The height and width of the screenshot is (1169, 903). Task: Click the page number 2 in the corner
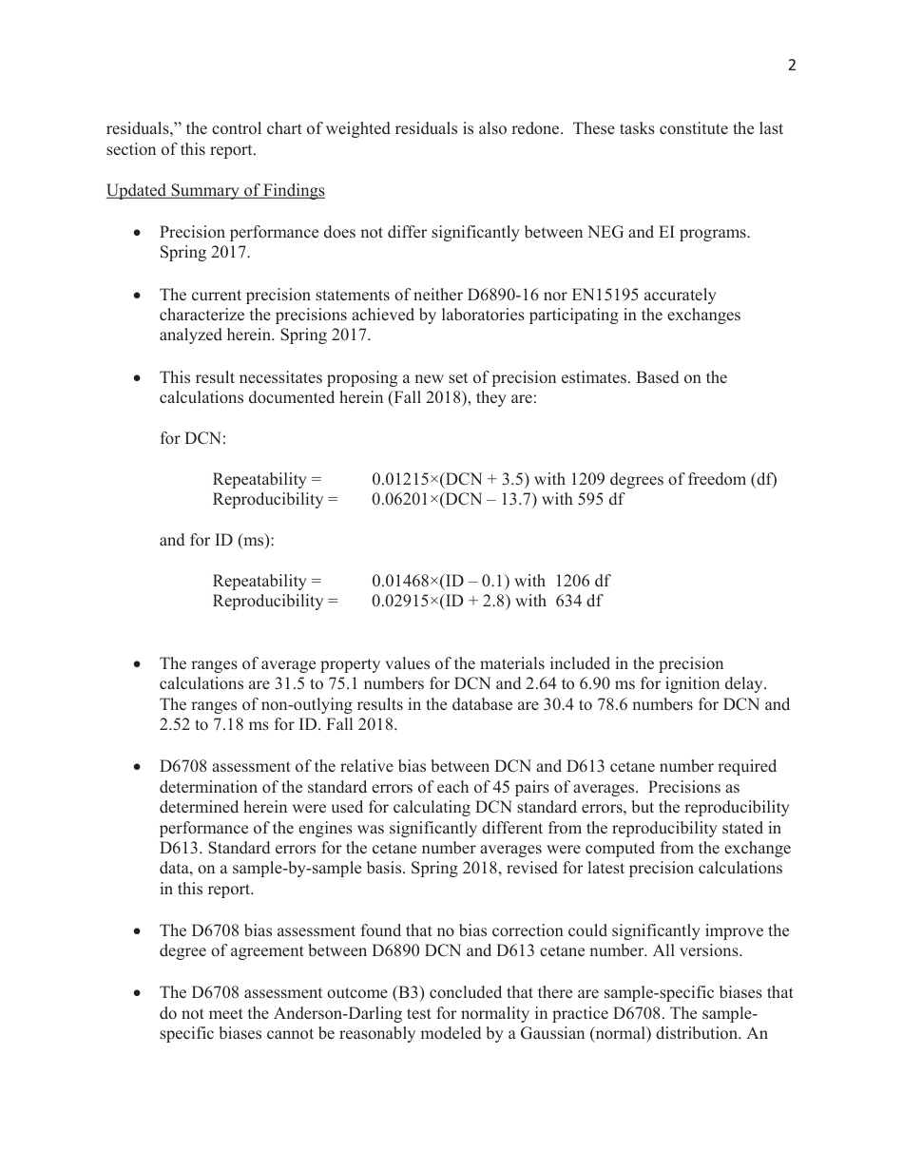[791, 66]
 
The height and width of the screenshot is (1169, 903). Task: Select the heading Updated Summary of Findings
[215, 191]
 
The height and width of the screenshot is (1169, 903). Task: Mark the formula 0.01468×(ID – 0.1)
[441, 581]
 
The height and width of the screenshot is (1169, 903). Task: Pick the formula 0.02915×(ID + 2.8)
[442, 602]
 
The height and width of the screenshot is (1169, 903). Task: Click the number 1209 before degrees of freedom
[559, 480]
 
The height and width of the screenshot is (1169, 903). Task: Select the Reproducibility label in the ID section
[275, 602]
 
